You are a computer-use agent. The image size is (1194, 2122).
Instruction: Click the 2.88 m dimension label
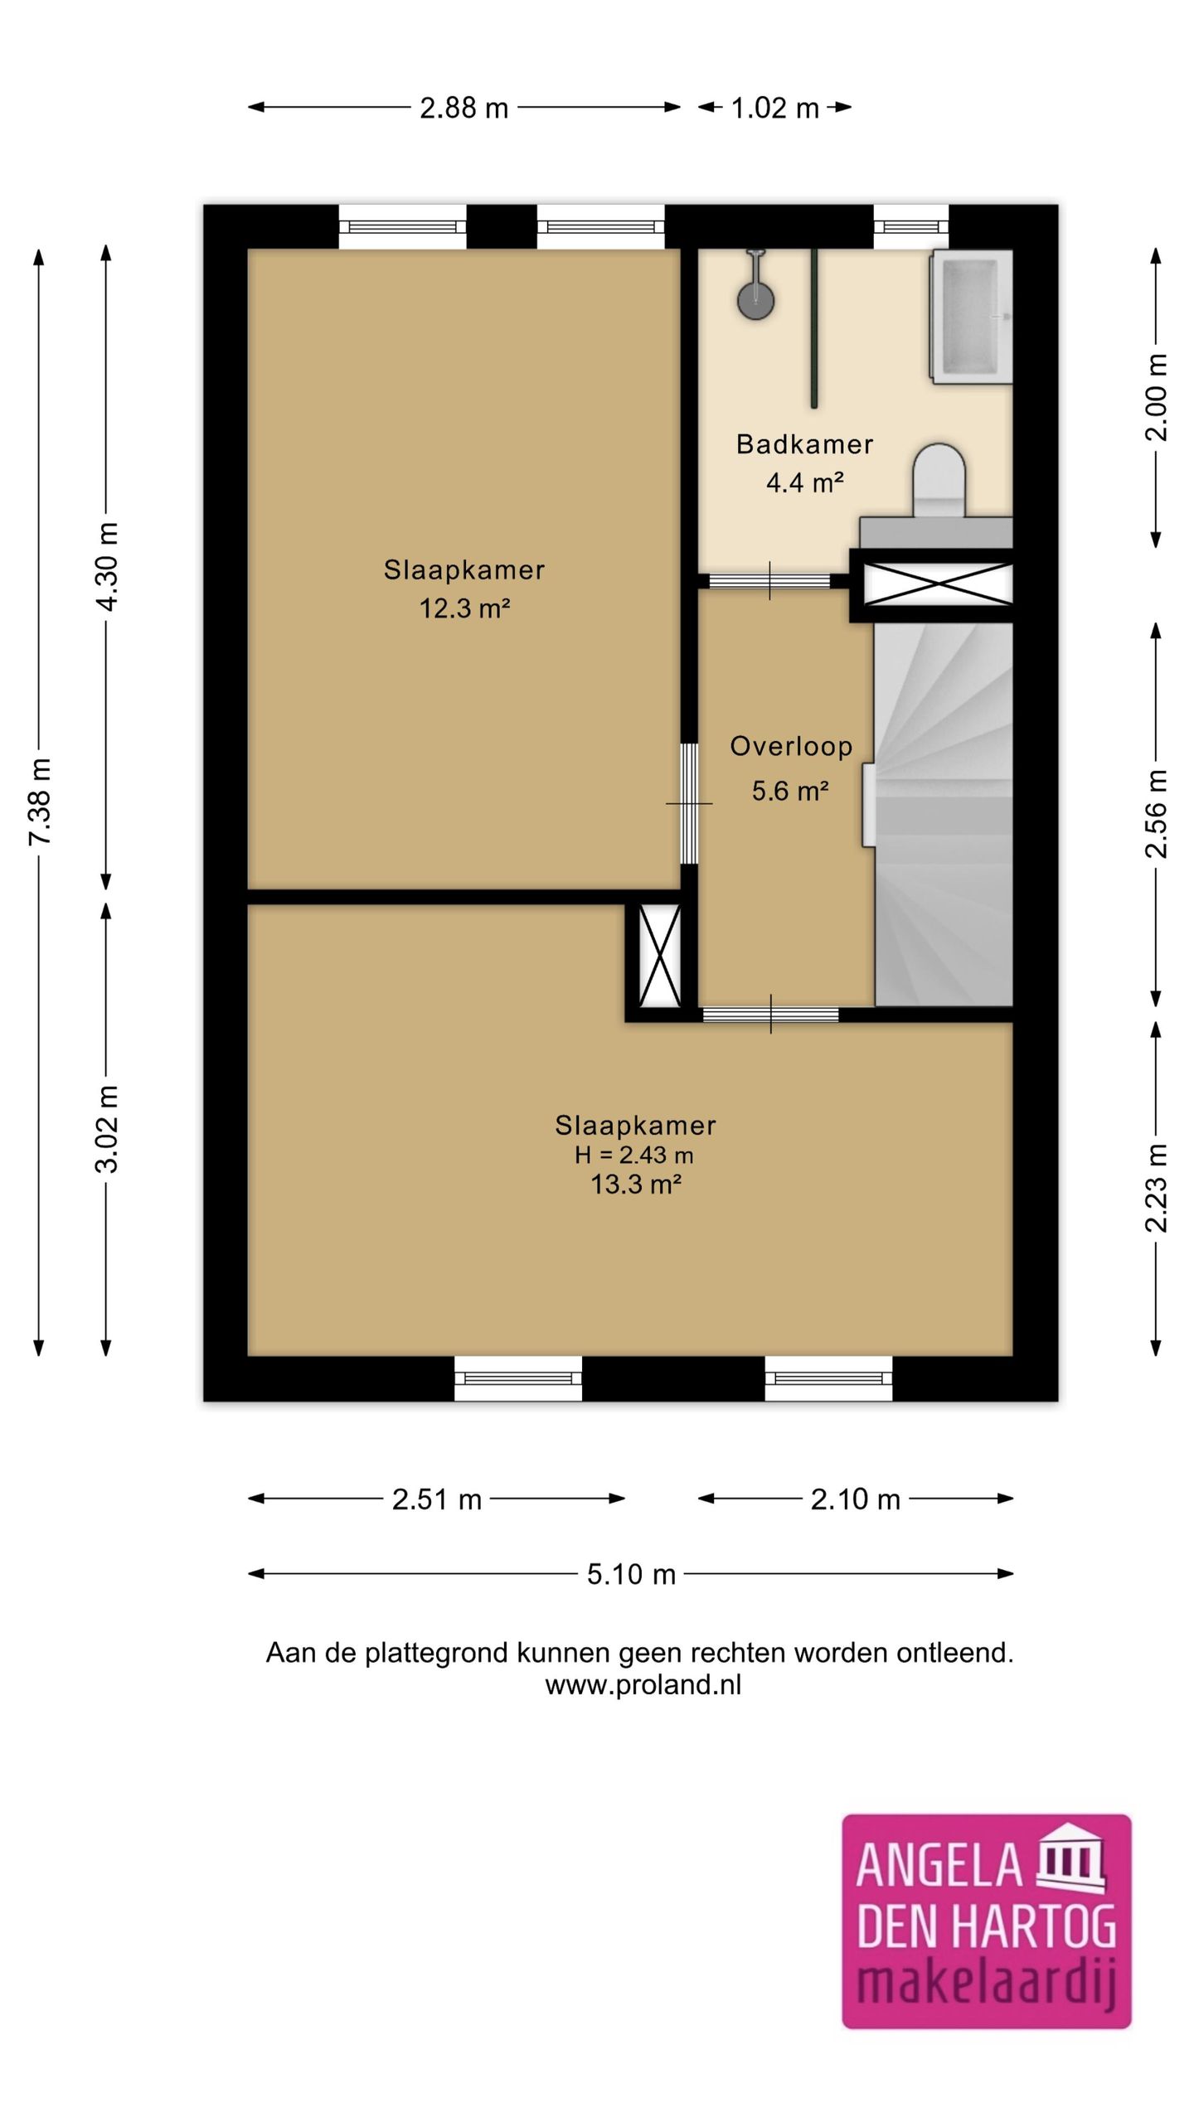tap(464, 108)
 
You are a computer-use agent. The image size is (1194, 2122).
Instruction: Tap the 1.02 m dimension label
tap(774, 108)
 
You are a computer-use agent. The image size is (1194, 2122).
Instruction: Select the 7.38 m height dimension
tap(40, 802)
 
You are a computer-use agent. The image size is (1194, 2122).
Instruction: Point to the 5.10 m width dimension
tap(631, 1573)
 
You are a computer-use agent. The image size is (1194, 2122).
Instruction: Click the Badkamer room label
tap(804, 444)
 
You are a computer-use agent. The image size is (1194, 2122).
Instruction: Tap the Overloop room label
tap(791, 746)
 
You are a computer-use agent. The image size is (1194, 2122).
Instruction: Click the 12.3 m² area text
tap(464, 608)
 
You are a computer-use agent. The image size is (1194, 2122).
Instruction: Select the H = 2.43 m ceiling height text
tap(634, 1155)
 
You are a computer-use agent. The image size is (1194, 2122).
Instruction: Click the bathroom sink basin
tap(972, 317)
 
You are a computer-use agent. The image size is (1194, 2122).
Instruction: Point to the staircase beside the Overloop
tap(944, 814)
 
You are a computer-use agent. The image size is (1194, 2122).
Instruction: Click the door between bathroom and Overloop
tap(770, 581)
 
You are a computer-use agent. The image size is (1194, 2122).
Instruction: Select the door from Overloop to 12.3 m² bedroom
tap(689, 803)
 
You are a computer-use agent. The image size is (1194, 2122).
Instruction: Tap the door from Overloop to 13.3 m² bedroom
tap(771, 1014)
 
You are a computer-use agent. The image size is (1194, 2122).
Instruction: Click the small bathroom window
tap(911, 226)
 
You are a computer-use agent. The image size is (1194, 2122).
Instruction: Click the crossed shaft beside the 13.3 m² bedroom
tap(660, 955)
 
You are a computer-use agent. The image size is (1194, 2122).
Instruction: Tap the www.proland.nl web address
tap(643, 1684)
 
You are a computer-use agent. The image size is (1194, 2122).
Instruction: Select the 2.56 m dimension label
tap(1156, 814)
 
